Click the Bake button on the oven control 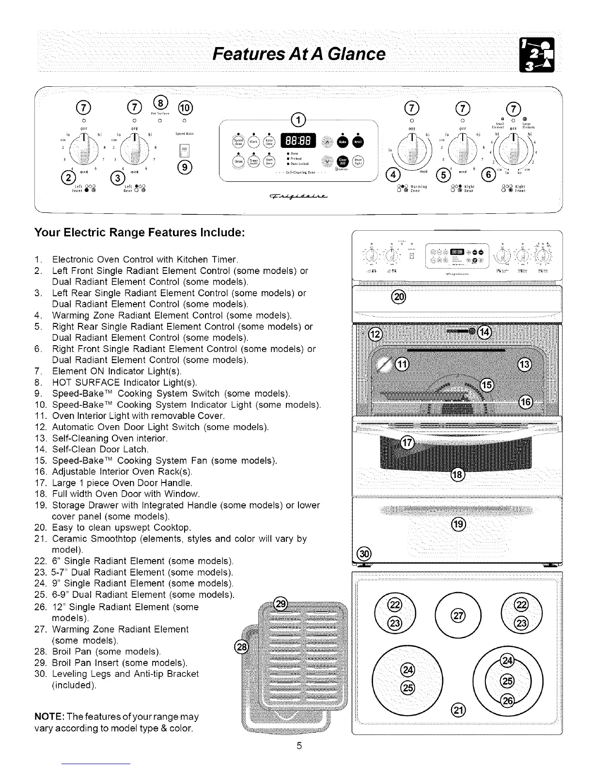[x=343, y=141]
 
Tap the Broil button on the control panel [x=358, y=141]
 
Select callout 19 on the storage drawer [x=458, y=524]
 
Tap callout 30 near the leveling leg [x=363, y=553]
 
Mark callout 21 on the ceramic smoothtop [x=458, y=710]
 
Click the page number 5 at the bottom [x=299, y=746]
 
